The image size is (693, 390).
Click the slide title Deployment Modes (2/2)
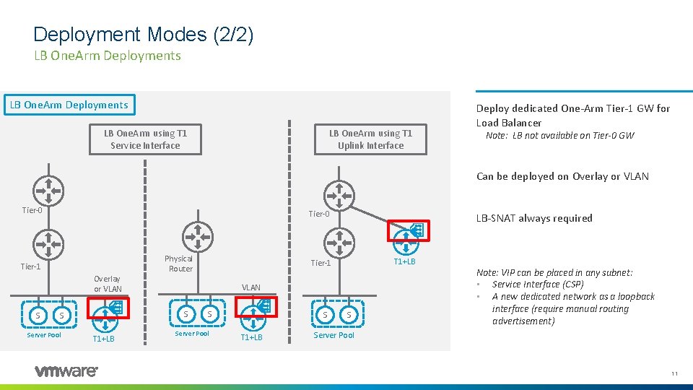click(143, 34)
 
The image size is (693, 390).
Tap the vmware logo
click(66, 371)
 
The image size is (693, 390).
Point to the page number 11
click(674, 373)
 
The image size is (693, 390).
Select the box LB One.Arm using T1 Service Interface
click(145, 139)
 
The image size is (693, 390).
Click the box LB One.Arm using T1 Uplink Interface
click(370, 139)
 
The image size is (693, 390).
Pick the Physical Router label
click(179, 264)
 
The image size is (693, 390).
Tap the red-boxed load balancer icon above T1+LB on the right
click(409, 231)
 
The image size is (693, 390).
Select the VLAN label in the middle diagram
click(251, 287)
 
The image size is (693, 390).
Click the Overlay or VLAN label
click(108, 284)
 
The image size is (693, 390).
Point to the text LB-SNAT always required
click(534, 218)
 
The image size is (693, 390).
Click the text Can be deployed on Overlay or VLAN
click(562, 176)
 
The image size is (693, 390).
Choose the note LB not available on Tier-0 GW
click(559, 136)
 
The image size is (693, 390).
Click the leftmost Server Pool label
click(44, 334)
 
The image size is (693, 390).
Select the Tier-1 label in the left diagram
click(30, 266)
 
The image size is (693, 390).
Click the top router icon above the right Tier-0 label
click(338, 194)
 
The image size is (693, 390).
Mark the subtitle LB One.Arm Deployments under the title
click(107, 56)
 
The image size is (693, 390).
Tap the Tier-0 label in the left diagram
click(32, 210)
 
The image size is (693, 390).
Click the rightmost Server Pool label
click(334, 335)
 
